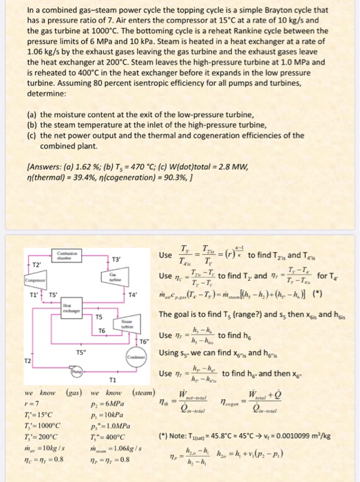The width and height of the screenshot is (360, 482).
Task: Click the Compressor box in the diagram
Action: click(15, 282)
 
